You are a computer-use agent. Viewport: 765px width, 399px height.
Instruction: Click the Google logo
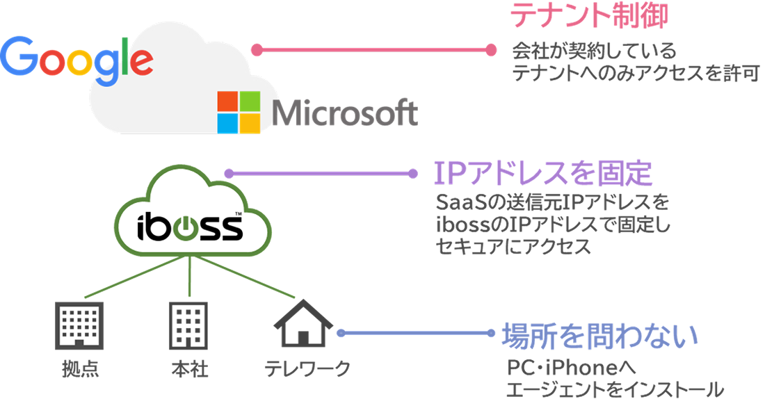pos(76,57)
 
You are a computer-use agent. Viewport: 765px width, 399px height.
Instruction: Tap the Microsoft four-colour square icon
pos(239,111)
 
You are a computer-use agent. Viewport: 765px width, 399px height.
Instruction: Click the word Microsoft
pos(345,112)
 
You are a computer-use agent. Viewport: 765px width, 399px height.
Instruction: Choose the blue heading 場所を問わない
pos(599,336)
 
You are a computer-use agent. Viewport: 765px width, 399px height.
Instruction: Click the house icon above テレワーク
pos(303,323)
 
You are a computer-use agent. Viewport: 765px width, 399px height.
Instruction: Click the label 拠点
pos(79,368)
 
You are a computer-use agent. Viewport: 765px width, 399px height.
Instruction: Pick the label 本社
pos(190,368)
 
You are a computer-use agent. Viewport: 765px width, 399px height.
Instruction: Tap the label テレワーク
pos(307,368)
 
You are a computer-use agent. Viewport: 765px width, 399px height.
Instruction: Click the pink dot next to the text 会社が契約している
pos(491,49)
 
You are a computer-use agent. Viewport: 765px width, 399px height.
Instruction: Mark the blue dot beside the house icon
pos(341,333)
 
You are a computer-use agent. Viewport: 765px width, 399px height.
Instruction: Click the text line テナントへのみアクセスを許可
pos(634,72)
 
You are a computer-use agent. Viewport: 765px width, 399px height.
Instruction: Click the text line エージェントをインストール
pos(615,388)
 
